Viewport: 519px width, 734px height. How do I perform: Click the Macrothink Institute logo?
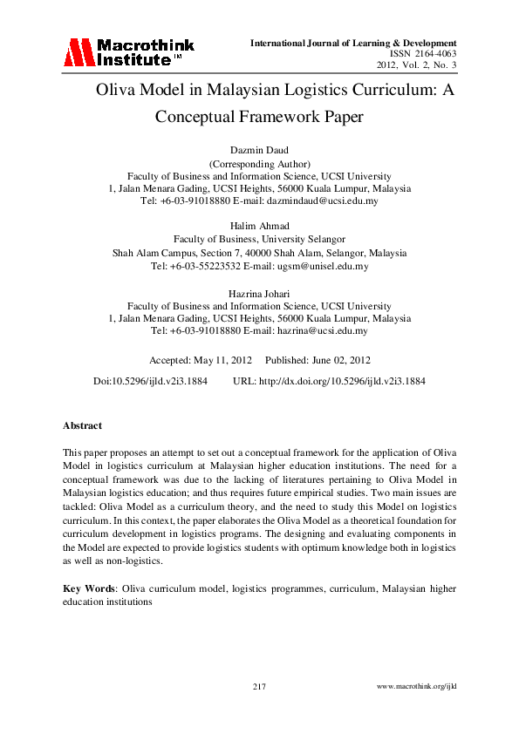(128, 52)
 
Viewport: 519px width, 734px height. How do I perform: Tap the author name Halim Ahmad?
(259, 226)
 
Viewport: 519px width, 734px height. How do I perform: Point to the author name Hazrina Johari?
(259, 295)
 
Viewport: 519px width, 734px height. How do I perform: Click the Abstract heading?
(82, 426)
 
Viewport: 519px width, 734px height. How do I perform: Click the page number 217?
(259, 688)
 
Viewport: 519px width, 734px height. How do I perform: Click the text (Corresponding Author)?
(259, 163)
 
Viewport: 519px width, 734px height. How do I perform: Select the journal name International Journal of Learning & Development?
(353, 43)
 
